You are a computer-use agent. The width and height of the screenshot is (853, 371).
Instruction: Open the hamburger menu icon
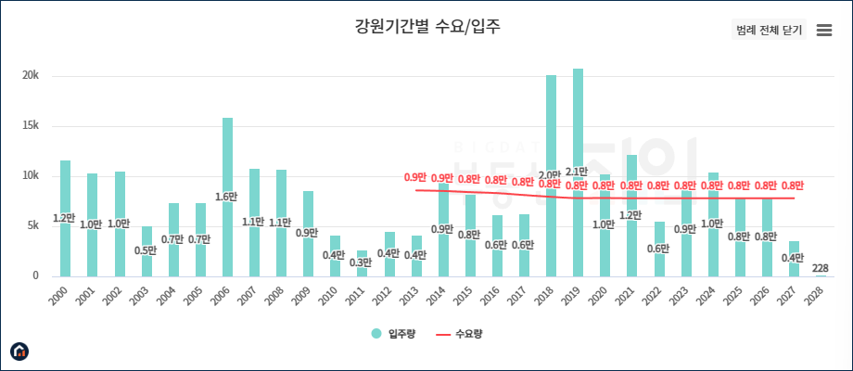tap(823, 30)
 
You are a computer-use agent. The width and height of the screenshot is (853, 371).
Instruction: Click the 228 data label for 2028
tap(820, 268)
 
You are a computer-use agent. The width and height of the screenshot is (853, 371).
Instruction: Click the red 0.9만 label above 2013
tap(414, 178)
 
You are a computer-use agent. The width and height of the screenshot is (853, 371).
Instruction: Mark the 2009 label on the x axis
tap(304, 296)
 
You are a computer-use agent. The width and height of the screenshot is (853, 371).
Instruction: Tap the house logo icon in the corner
tap(19, 351)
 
